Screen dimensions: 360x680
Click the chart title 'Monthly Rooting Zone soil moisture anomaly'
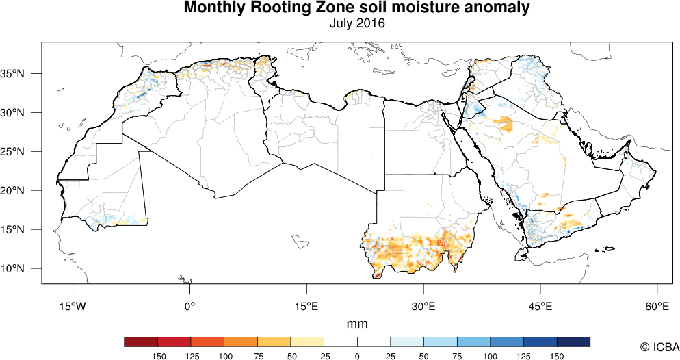[356, 9]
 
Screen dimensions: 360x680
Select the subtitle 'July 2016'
[356, 23]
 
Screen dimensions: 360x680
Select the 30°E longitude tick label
[423, 305]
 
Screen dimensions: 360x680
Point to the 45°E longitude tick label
[540, 305]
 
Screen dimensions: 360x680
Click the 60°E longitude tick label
[657, 305]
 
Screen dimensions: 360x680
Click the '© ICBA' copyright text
[655, 347]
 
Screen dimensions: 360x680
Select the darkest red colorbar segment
[141, 342]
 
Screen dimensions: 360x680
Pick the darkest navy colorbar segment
[573, 342]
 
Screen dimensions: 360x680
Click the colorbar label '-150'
[158, 356]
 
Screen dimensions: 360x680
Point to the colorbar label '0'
[357, 356]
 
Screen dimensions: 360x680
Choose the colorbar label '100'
[490, 356]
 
